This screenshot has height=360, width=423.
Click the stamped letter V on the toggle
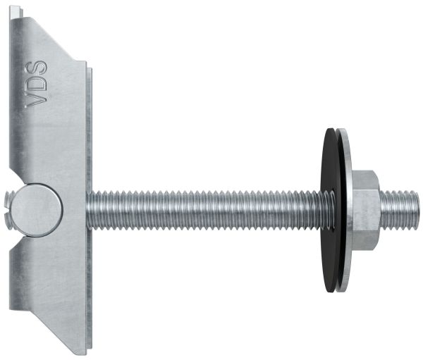[36, 100]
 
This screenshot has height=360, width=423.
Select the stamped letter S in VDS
[36, 68]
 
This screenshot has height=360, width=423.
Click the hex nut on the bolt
[366, 211]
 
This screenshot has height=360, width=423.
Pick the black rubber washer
[330, 211]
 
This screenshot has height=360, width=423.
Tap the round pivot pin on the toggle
[37, 211]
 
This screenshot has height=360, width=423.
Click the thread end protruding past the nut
[400, 211]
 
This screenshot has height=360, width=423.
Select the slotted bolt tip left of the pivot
[10, 211]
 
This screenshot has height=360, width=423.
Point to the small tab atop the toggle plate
[16, 12]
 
